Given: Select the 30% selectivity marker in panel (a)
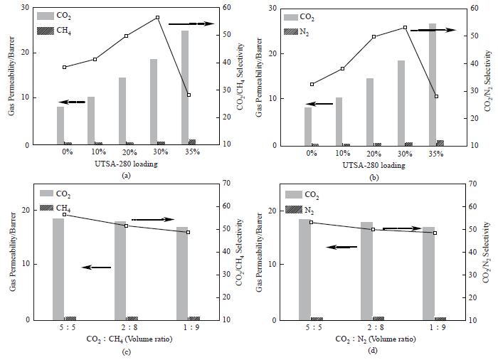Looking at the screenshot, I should point(157,17).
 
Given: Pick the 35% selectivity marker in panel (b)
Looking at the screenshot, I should point(436,96).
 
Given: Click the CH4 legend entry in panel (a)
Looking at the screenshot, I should point(55,31).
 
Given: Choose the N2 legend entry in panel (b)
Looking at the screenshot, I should point(300,31).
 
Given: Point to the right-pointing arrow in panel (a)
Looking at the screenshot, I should point(191,24).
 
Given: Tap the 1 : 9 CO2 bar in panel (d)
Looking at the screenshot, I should point(428,273).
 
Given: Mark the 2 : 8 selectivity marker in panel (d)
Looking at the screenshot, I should point(373,229).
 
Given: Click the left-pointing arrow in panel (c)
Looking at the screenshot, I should point(97,268).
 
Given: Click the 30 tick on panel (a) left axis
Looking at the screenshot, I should point(26,8).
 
